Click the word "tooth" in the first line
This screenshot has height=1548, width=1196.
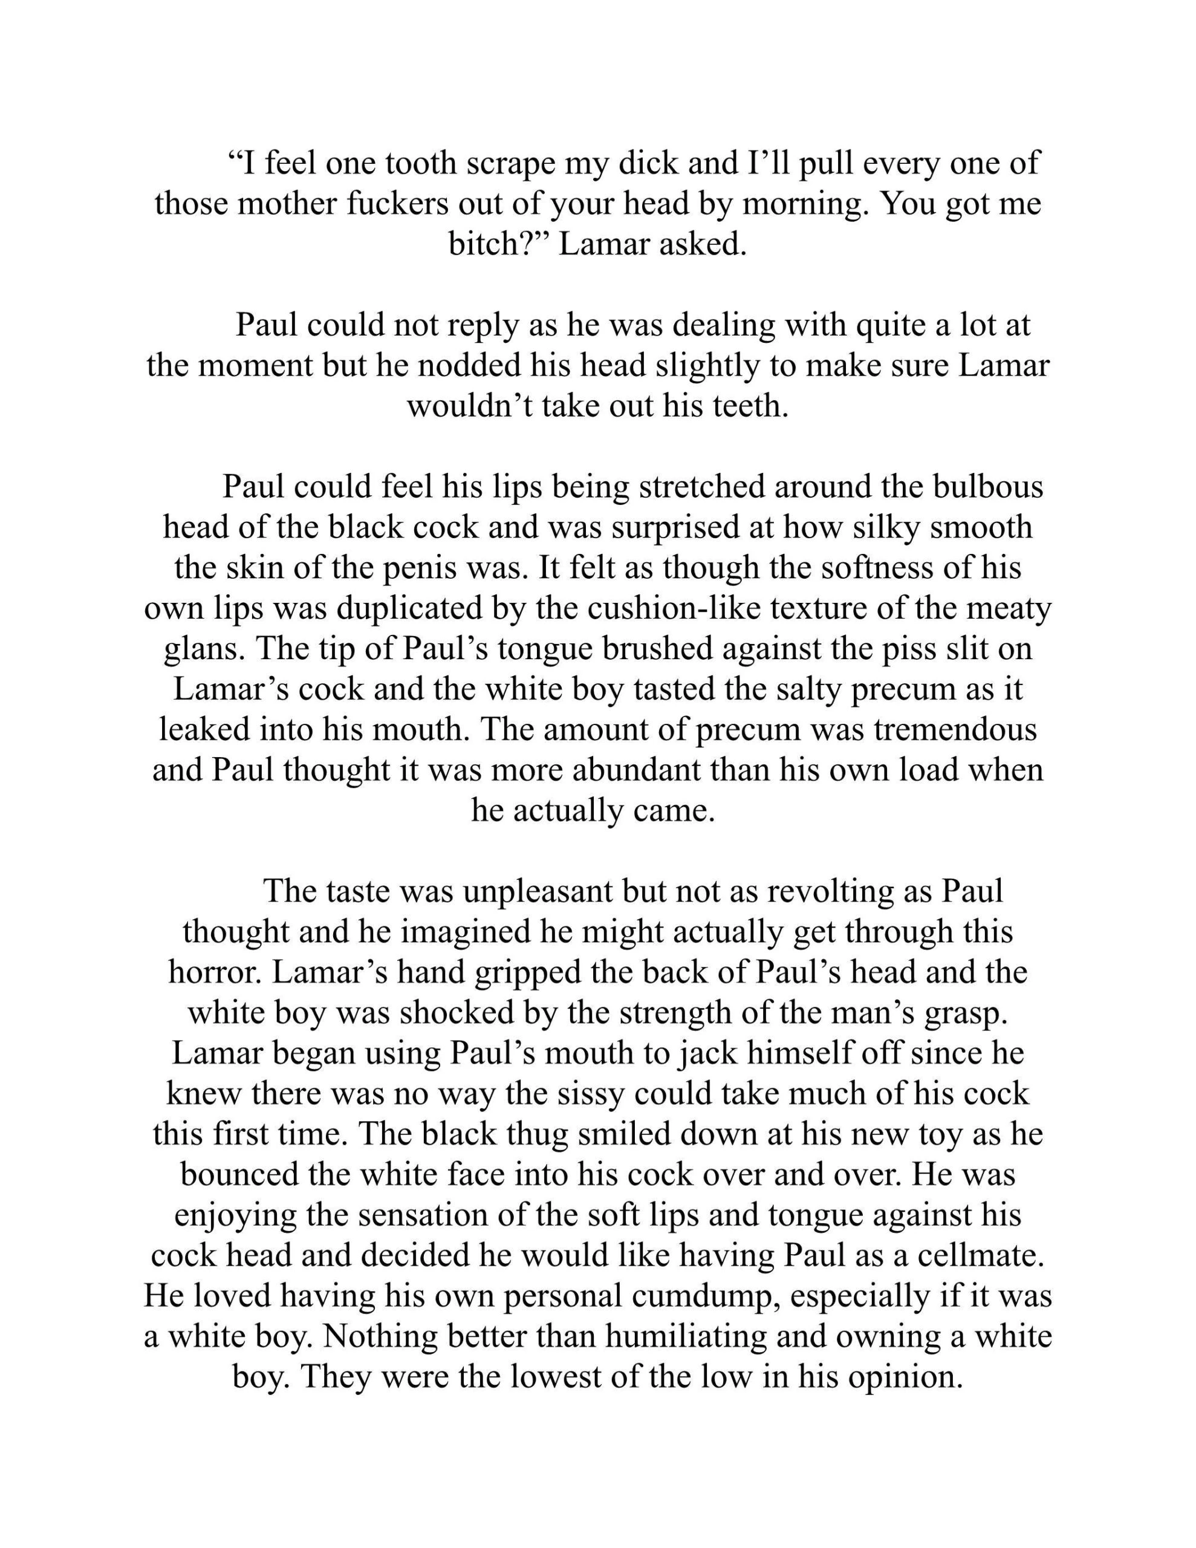coord(420,164)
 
